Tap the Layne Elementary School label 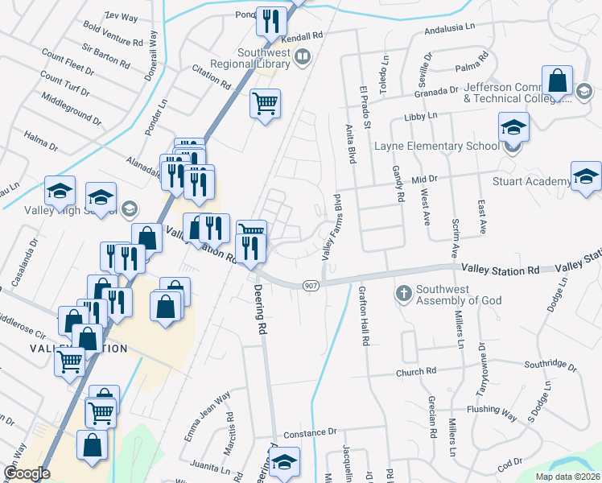[437, 147]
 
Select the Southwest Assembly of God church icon [404, 291]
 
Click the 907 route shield [311, 286]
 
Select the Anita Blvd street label [351, 142]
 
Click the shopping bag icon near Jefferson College [557, 81]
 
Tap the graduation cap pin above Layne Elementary [513, 128]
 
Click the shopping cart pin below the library [265, 104]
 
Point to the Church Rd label [415, 372]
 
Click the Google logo [27, 473]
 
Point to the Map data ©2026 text [567, 477]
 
